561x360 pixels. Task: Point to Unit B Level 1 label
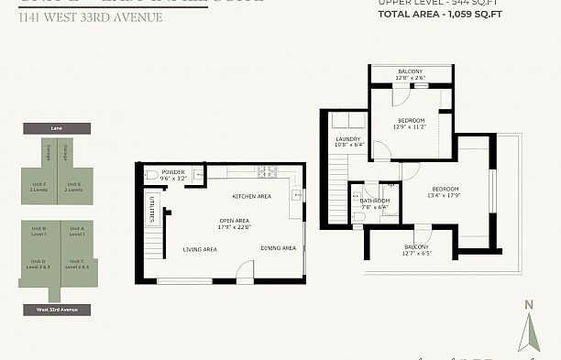[38, 232]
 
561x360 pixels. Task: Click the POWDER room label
[173, 172]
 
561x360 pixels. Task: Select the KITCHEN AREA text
[251, 196]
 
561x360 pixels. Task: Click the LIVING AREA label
[199, 249]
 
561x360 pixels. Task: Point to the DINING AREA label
[278, 248]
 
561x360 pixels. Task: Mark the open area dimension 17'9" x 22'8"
[235, 226]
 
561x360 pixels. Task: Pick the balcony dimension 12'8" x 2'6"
[410, 78]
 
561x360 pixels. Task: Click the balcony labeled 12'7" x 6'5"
[416, 253]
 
